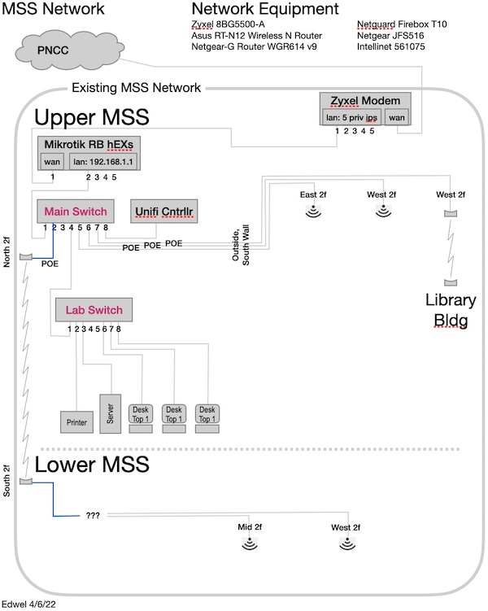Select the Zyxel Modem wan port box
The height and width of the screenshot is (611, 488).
[397, 117]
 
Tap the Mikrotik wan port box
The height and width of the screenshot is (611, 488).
[52, 161]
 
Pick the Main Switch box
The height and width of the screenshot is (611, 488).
[75, 211]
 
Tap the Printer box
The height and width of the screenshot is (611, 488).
[76, 421]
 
